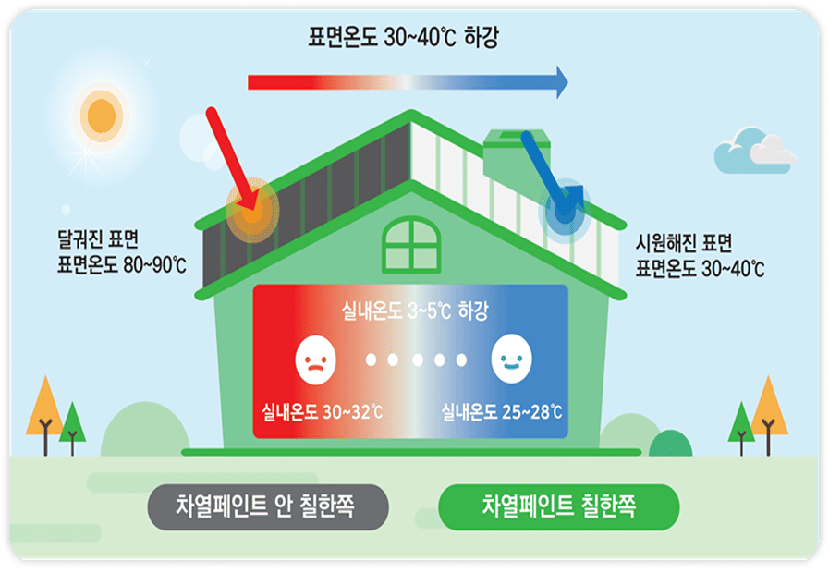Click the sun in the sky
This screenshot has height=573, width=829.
click(102, 116)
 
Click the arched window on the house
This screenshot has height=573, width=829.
click(411, 245)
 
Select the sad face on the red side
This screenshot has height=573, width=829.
click(316, 360)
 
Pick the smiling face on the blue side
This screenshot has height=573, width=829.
click(511, 359)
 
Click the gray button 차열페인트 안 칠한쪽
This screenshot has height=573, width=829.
click(268, 507)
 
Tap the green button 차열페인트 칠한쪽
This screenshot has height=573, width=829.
click(559, 507)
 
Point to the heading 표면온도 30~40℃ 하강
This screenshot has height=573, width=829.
click(403, 37)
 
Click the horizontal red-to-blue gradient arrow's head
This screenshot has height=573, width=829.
click(563, 82)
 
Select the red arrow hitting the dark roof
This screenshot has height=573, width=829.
click(233, 161)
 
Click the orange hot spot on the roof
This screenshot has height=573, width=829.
click(252, 211)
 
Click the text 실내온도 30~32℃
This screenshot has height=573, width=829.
click(322, 411)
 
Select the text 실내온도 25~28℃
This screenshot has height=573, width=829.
click(501, 411)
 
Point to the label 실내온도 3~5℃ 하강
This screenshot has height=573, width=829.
click(415, 311)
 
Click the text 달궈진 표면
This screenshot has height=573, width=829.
click(98, 239)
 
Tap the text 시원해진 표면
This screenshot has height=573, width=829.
click(684, 243)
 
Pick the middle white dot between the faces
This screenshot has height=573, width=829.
click(418, 360)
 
